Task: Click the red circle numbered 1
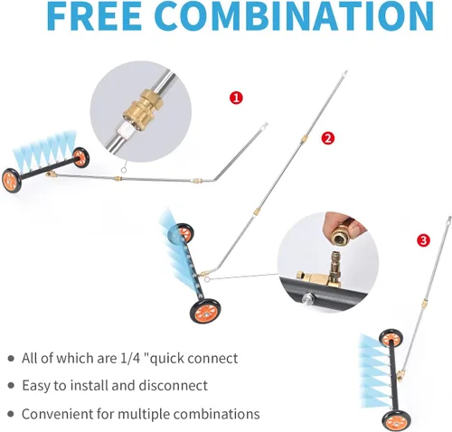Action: coord(236,98)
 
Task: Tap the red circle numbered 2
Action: coord(328,138)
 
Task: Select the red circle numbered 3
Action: coord(423,240)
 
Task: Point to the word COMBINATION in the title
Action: coord(296,15)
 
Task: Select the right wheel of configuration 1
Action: coord(80,157)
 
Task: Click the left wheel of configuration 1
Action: coord(12,180)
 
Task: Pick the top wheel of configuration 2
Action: coord(184,233)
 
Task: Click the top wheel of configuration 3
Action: coord(390,338)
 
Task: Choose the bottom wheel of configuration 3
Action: coord(392,421)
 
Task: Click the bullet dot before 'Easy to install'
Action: coord(11,386)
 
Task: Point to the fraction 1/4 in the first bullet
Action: coord(130,358)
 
